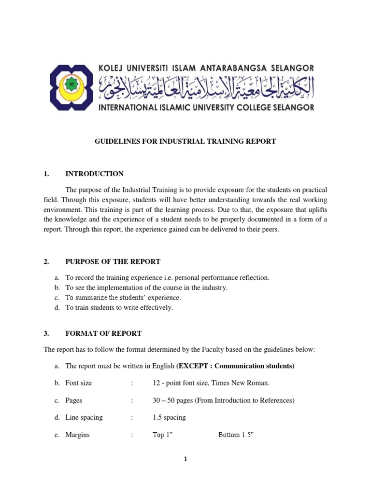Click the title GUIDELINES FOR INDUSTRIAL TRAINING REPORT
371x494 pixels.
click(x=185, y=141)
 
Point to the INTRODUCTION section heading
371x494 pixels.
click(x=94, y=174)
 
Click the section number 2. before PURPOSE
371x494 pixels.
click(x=46, y=261)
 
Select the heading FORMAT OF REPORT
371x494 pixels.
click(x=103, y=333)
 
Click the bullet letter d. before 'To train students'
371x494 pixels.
click(x=57, y=308)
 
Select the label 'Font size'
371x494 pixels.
click(x=79, y=383)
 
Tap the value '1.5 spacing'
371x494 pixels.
click(x=169, y=417)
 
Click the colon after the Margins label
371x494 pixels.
click(x=131, y=435)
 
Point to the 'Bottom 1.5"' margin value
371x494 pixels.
click(x=236, y=435)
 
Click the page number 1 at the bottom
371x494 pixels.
click(x=185, y=460)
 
